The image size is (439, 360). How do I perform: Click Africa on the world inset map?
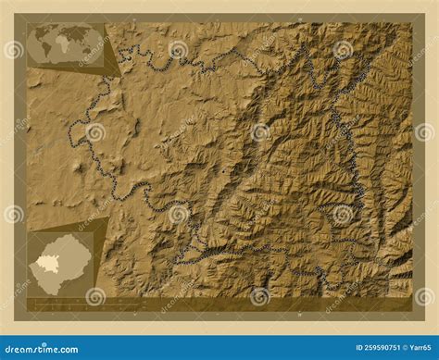63,44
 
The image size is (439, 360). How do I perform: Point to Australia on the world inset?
91,53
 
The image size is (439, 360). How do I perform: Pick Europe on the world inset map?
63,32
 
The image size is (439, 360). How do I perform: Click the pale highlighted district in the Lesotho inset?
45,265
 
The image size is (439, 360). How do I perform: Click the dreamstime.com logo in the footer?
44,347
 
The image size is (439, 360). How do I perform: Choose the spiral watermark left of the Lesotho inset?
13,214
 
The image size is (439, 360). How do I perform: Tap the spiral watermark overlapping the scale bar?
95,296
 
